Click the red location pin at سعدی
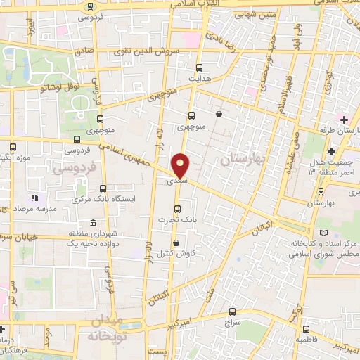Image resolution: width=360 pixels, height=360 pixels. click(181, 165)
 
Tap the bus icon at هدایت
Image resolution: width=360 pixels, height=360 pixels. click(199, 68)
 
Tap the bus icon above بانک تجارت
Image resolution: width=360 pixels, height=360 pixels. click(177, 209)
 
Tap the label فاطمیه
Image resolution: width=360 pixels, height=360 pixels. click(304, 340)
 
